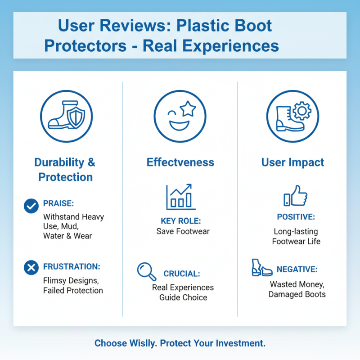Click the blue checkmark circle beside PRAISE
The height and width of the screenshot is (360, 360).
(x=31, y=206)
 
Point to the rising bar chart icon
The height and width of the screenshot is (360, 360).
(x=180, y=197)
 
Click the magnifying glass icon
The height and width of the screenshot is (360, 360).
(x=147, y=271)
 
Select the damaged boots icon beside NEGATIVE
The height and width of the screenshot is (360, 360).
(x=261, y=268)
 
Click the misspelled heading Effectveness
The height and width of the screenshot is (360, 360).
(x=180, y=162)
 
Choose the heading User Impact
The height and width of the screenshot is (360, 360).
(x=292, y=162)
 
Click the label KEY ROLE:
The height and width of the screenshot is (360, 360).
(x=180, y=221)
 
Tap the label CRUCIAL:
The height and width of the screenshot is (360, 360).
(x=182, y=274)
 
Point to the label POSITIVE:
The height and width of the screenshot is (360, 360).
(x=296, y=217)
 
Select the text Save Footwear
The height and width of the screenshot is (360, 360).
(x=183, y=231)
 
